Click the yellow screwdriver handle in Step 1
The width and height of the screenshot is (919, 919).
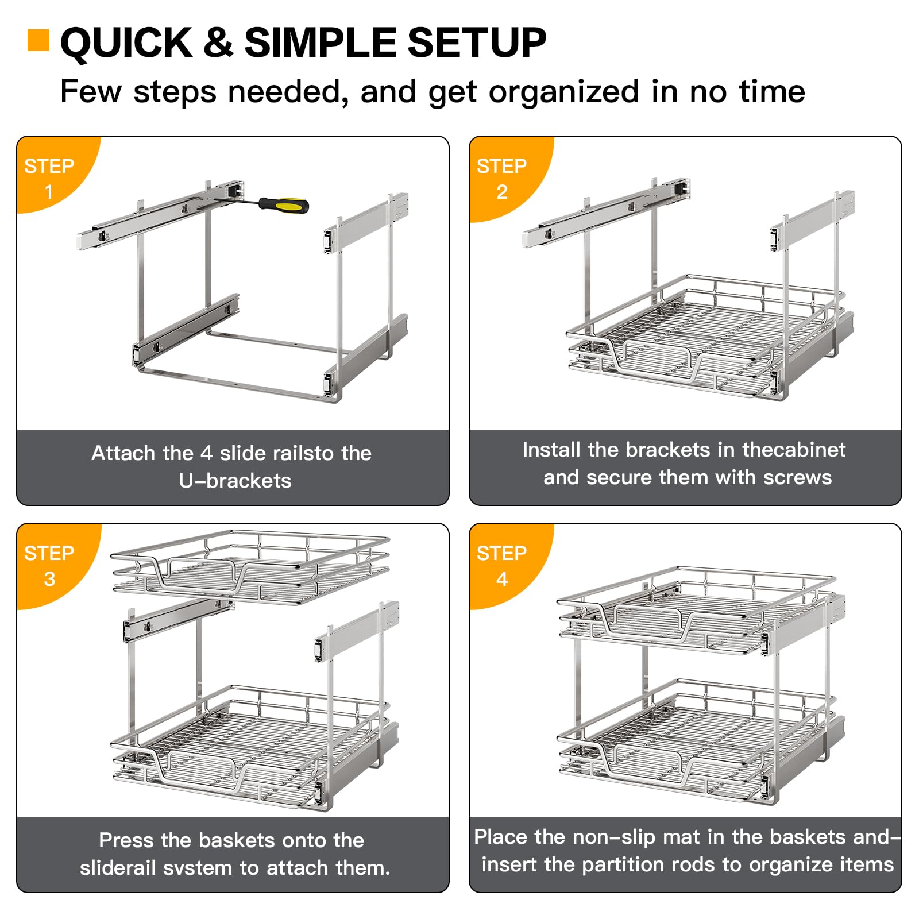click(x=285, y=204)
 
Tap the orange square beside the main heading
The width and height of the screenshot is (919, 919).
click(x=38, y=41)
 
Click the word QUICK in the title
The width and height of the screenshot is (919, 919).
click(x=127, y=43)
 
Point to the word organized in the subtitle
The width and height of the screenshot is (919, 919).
click(x=563, y=92)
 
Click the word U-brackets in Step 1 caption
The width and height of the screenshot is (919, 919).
click(x=235, y=481)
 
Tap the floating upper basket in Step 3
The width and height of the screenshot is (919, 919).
click(x=250, y=569)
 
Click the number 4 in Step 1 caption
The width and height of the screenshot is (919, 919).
click(x=206, y=453)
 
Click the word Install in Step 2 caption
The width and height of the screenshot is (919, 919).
click(x=551, y=450)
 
